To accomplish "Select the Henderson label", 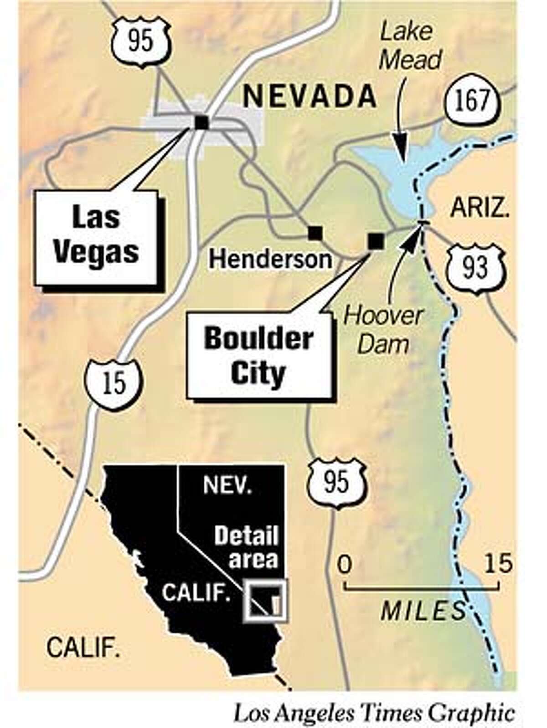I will pos(270,260).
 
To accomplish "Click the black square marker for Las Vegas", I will pos(201,122).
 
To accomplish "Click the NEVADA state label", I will pos(310,96).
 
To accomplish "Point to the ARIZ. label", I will pos(480,209).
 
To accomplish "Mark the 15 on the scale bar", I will pos(498,565).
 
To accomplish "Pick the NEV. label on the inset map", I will pos(227,486).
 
